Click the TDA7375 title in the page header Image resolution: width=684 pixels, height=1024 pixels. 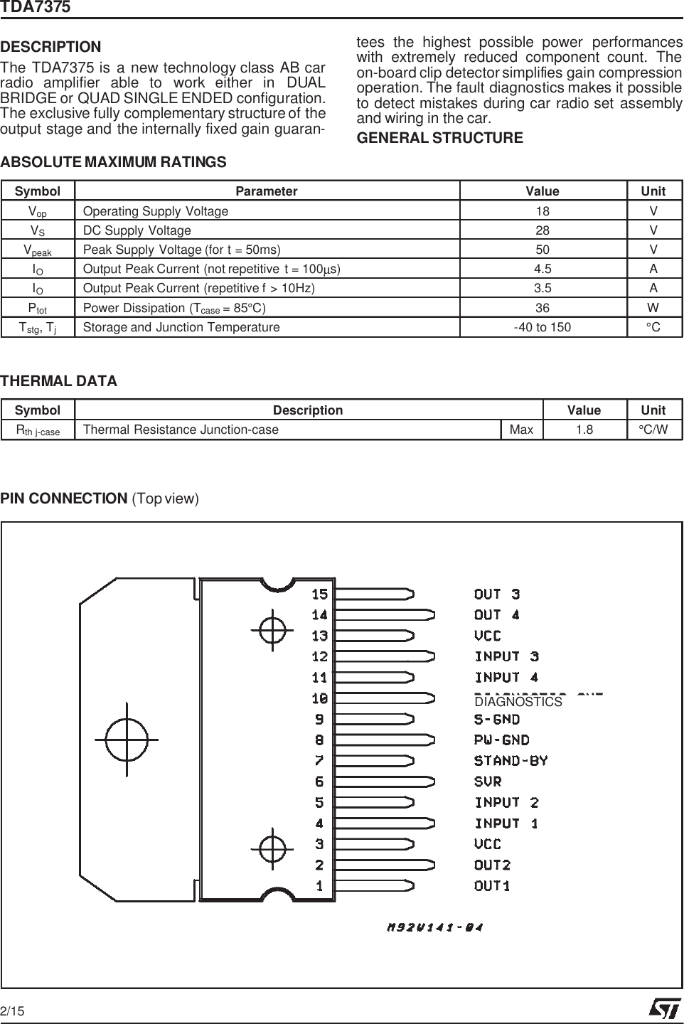[x=35, y=8]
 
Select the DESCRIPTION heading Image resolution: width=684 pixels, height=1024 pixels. [x=51, y=48]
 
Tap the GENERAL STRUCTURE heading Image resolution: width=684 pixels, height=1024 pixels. [x=439, y=138]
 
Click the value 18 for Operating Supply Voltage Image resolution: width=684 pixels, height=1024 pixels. [x=543, y=211]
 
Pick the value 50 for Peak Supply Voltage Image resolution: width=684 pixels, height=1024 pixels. [x=543, y=250]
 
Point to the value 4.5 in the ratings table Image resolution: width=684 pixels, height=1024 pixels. [x=543, y=269]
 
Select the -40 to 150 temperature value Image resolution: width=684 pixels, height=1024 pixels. [x=543, y=327]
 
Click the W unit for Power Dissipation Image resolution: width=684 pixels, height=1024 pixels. [x=653, y=308]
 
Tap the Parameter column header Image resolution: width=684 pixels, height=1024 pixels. [x=267, y=191]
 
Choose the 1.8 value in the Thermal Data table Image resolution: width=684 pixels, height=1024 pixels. [x=584, y=430]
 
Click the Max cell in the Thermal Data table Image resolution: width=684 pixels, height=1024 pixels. [x=521, y=430]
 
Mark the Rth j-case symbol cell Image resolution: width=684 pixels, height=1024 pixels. [x=38, y=430]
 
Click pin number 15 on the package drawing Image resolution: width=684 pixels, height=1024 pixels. [x=319, y=594]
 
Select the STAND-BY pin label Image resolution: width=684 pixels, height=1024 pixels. [x=511, y=761]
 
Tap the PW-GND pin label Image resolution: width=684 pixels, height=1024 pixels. [x=501, y=740]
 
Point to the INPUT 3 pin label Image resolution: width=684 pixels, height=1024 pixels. [x=506, y=656]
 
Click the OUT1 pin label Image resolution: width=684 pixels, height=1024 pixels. [x=492, y=886]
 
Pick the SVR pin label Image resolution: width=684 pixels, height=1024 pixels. [x=488, y=782]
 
